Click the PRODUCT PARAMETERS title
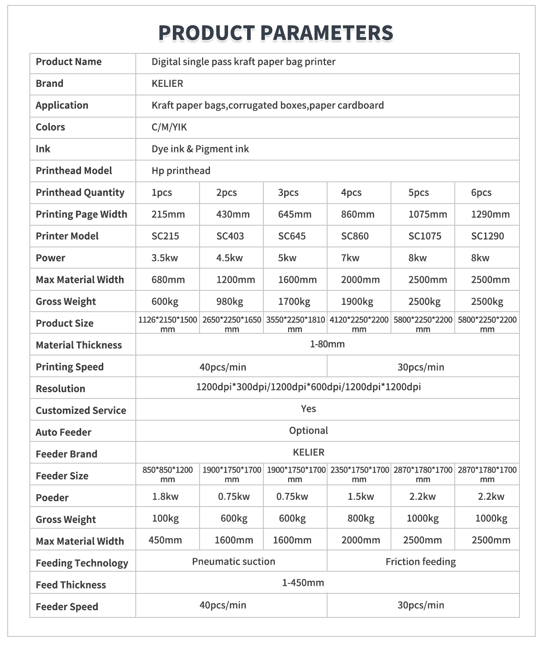276,33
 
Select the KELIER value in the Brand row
167,84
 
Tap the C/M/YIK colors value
169,127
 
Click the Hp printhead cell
181,171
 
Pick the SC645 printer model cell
292,236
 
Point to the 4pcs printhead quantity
351,193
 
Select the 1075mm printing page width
428,214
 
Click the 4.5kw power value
229,258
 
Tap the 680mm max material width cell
168,280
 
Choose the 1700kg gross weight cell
294,301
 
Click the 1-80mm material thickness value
327,344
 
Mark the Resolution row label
60,389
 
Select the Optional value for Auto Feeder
309,430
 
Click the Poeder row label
52,498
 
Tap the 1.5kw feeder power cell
361,497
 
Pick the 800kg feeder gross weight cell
361,518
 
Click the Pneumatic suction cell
233,561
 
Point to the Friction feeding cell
420,562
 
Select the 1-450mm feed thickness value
303,583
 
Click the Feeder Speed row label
67,607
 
